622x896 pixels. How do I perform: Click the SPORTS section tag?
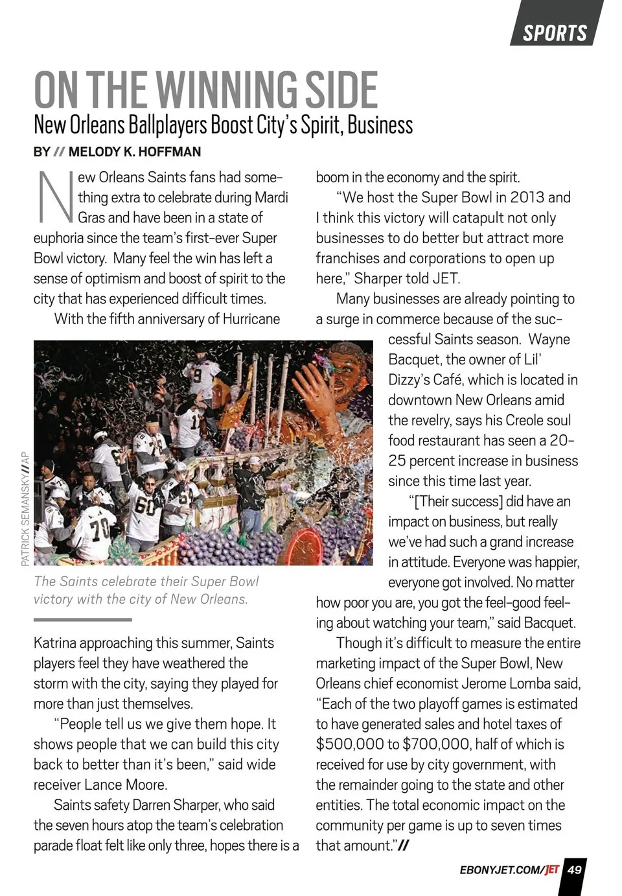555,32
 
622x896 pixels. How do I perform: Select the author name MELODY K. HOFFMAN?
135,152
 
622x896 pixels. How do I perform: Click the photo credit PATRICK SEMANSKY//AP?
25,508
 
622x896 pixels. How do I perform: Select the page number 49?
574,870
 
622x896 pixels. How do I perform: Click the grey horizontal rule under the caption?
82,620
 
